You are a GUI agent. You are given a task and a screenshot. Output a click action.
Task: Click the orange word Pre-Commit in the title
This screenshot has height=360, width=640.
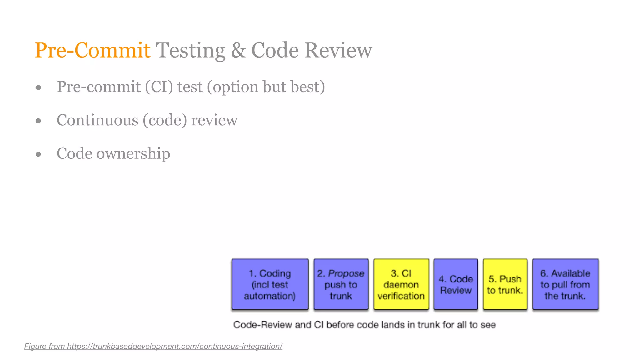92,50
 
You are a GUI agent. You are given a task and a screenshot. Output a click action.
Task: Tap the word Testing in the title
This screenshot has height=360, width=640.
190,50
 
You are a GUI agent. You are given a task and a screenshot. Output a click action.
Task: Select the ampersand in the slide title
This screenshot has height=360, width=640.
238,50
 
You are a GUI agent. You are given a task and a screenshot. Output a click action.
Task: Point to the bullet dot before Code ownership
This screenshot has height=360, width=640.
38,154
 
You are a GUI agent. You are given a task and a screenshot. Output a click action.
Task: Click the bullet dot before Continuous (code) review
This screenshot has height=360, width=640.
38,121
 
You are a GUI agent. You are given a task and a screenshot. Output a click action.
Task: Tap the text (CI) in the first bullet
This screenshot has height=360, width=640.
159,87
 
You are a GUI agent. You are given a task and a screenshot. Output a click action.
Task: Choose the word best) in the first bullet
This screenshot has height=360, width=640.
307,87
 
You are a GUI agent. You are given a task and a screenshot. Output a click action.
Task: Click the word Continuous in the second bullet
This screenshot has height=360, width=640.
97,120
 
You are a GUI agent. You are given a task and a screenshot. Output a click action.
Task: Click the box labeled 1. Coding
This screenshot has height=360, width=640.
270,284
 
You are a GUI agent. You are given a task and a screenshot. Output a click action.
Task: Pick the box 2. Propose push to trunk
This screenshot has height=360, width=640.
341,284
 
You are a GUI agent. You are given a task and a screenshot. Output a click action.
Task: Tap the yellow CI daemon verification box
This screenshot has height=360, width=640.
401,284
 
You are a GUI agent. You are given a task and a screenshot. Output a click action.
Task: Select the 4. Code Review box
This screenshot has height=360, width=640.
456,284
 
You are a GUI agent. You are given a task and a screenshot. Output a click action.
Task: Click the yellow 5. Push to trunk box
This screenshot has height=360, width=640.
505,284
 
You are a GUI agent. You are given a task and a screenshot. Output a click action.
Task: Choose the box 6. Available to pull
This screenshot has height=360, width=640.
565,284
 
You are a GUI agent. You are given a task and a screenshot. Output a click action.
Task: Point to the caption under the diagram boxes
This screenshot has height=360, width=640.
364,325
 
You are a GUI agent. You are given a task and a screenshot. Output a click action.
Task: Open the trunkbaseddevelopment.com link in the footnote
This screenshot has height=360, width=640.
175,346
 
